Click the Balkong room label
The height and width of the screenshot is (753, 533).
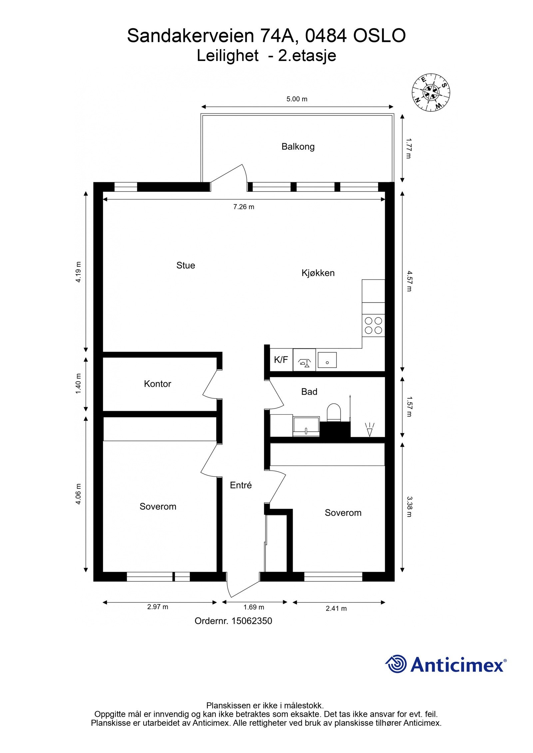point(298,146)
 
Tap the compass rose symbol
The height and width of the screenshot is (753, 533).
point(431,92)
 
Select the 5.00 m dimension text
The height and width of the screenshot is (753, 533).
point(297,99)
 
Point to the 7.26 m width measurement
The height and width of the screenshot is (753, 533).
point(244,207)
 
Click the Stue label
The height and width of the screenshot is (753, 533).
point(186,265)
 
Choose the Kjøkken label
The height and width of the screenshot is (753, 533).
point(318,273)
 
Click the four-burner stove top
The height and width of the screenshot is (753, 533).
point(373,325)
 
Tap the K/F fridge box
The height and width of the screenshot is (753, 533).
point(281,360)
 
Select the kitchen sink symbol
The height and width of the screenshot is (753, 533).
point(327,360)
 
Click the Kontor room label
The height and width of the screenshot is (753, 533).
point(157,384)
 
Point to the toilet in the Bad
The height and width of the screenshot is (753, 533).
point(334,412)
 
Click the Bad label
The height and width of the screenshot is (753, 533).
point(309,392)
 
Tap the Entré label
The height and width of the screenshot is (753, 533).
point(241,485)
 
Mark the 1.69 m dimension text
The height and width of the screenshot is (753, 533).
point(254,607)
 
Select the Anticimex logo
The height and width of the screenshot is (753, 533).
point(446,664)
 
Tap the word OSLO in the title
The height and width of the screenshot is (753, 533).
point(379,36)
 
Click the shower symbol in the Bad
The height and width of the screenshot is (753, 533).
point(369,429)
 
